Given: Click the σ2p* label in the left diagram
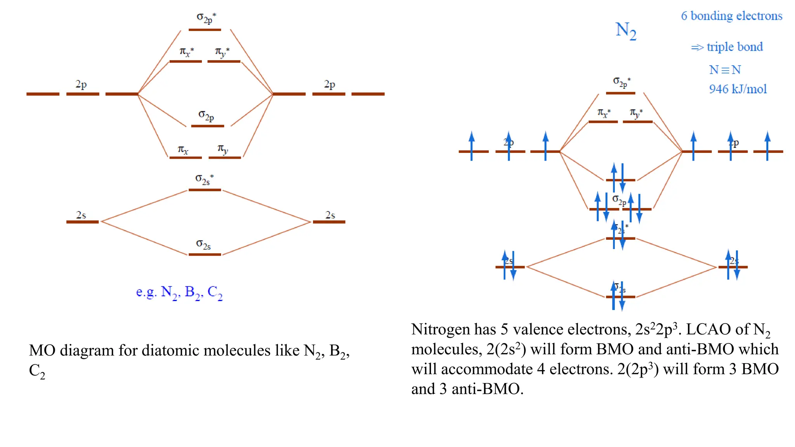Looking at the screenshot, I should (x=206, y=18).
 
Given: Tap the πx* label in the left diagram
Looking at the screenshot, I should (x=187, y=52).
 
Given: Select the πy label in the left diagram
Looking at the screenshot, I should (x=223, y=149).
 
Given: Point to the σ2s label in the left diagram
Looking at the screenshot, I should (x=203, y=244).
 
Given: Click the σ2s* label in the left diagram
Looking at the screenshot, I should (x=204, y=179).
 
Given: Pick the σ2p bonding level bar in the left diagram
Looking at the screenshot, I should (x=208, y=126).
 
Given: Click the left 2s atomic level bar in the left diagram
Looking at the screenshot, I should (x=82, y=222).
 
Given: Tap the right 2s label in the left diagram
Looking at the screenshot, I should (x=330, y=215).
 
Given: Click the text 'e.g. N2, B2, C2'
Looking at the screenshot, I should (x=179, y=292).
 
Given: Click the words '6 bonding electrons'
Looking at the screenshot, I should (x=731, y=16).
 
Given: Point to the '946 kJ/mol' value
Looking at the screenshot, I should (x=738, y=89).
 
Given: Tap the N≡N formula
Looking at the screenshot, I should (x=725, y=70).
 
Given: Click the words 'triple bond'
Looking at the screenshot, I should (x=734, y=47).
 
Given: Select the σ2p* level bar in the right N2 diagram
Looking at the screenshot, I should (x=620, y=93).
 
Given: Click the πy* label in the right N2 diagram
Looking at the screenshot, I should (x=636, y=113).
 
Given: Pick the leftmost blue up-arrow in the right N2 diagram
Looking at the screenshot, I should (x=471, y=146).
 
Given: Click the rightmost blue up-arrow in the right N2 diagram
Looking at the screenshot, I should (x=767, y=146).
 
